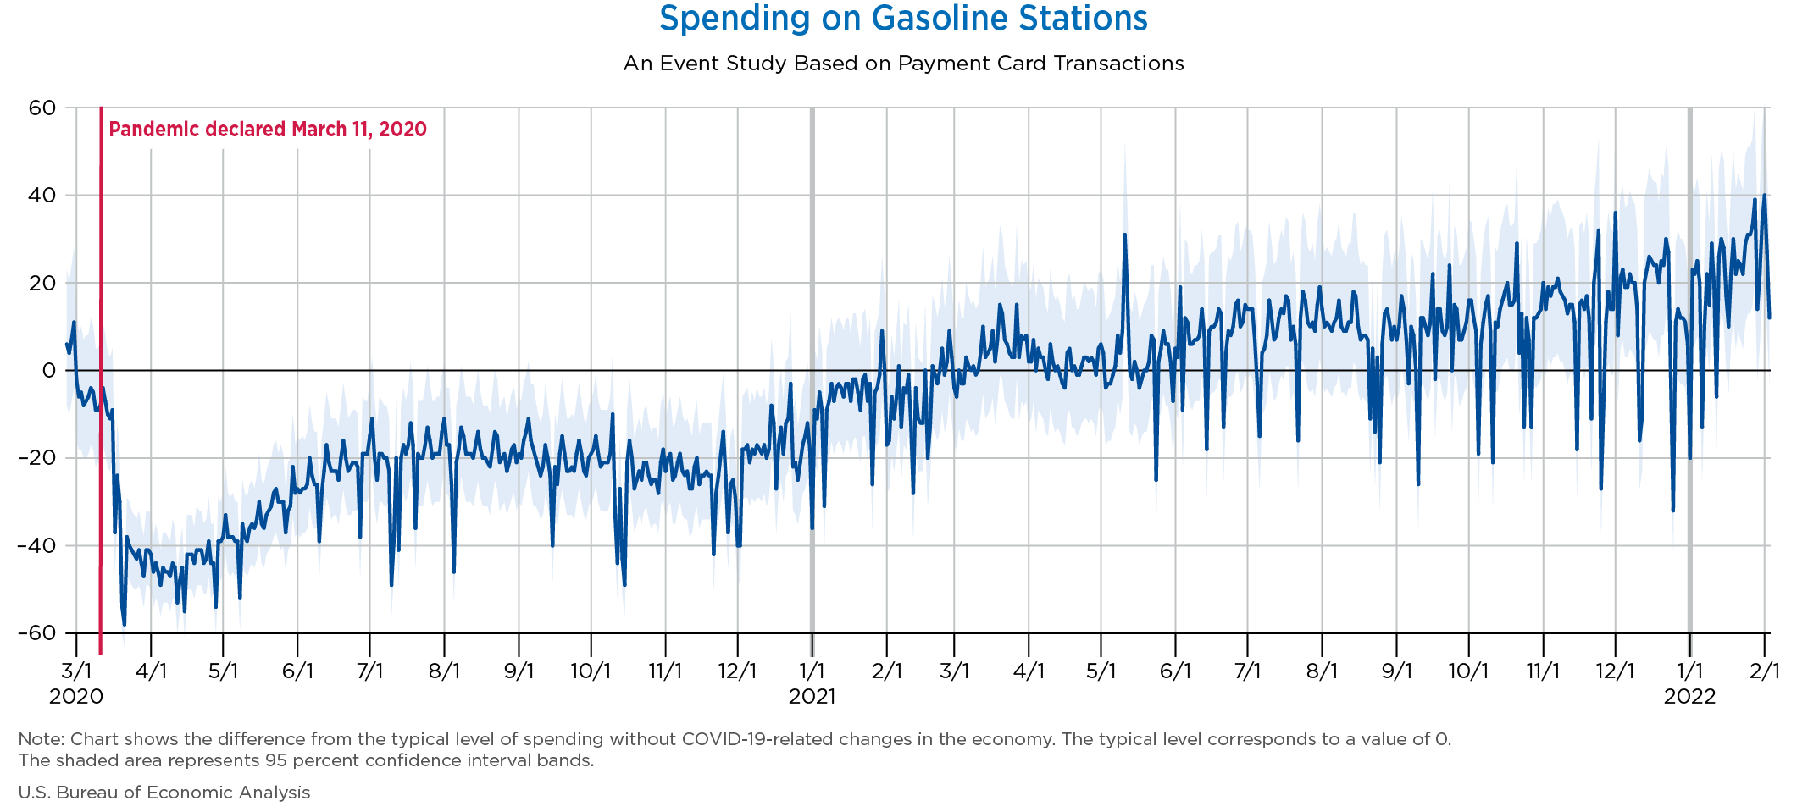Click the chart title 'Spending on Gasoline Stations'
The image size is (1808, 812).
(x=903, y=19)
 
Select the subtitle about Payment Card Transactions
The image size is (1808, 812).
(x=903, y=64)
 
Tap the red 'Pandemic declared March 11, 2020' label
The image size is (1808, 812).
(x=268, y=130)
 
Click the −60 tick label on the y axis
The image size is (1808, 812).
(x=36, y=633)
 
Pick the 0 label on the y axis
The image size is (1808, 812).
(x=49, y=371)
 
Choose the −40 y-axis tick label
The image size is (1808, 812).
(x=36, y=545)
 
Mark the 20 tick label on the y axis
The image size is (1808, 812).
(x=43, y=283)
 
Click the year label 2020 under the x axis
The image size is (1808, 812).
(x=76, y=697)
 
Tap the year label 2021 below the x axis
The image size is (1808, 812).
(x=812, y=697)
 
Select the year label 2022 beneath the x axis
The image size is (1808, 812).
(x=1689, y=697)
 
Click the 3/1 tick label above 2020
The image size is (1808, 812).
(x=76, y=671)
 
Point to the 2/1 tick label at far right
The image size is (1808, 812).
(x=1765, y=671)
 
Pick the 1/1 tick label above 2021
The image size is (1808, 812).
(x=812, y=671)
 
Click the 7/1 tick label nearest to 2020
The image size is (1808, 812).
(x=369, y=671)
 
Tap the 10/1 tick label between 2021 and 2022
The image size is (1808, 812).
(x=1468, y=671)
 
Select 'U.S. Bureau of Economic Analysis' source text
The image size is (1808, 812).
(x=164, y=793)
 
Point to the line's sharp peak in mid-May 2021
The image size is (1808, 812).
(x=1124, y=235)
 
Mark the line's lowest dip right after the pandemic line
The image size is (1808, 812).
(x=125, y=624)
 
